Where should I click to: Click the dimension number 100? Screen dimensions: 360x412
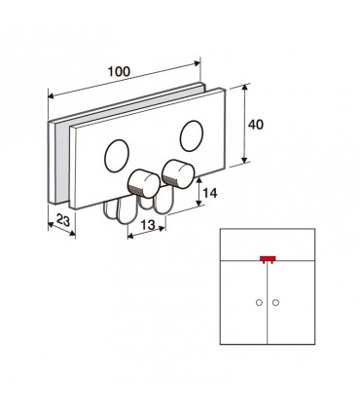pos(119,71)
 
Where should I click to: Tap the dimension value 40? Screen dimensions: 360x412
pos(256,125)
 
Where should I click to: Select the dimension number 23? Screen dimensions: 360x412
pos(63,220)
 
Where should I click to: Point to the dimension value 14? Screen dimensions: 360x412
pos(210,193)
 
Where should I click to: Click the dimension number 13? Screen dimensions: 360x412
pos(148,224)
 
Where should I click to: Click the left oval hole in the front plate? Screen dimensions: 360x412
pos(117,156)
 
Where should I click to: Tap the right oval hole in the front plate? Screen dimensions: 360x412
pos(192,135)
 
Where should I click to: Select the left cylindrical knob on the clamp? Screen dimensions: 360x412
pos(144,184)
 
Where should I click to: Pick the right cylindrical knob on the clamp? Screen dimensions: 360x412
pos(178,173)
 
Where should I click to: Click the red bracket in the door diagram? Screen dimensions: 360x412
pos(268,259)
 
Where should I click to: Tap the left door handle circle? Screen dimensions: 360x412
pos(259,303)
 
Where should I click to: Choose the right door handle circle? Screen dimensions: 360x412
pos(275,303)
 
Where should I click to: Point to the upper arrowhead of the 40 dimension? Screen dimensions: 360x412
pos(245,87)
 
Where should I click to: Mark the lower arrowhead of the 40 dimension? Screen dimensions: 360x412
pos(245,160)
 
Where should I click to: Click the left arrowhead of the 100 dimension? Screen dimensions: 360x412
pos(52,95)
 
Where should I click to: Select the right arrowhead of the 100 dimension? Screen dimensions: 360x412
pos(198,62)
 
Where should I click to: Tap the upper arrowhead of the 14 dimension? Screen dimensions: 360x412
pos(199,180)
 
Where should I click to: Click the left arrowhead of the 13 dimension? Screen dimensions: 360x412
pos(130,237)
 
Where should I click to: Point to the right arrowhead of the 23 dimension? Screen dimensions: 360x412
pos(72,233)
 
